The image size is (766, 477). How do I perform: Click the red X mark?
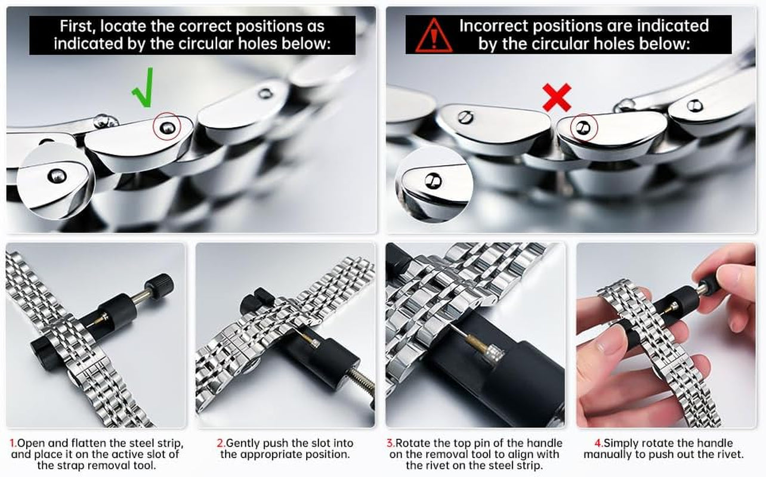pyautogui.click(x=557, y=98)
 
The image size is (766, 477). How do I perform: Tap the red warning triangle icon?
pyautogui.click(x=434, y=35)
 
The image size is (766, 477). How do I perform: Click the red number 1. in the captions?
pyautogui.click(x=13, y=443)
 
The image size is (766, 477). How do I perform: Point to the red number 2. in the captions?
pyautogui.click(x=221, y=443)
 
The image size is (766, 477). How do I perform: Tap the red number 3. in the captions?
pyautogui.click(x=391, y=443)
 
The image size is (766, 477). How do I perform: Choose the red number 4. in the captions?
pyautogui.click(x=598, y=443)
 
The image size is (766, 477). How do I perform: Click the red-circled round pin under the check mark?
pyautogui.click(x=167, y=128)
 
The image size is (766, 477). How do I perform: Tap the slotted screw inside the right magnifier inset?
pyautogui.click(x=433, y=181)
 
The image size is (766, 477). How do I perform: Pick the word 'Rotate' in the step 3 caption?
pyautogui.click(x=413, y=443)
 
